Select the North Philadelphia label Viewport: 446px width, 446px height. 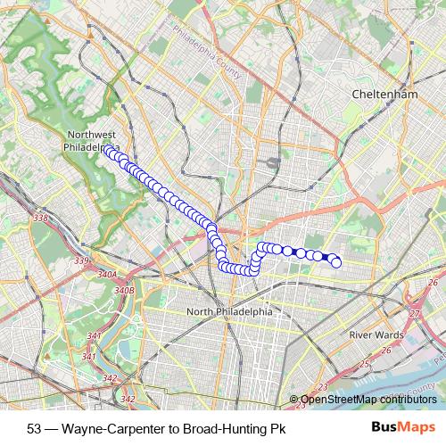click(x=229, y=311)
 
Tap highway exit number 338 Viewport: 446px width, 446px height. click(x=39, y=218)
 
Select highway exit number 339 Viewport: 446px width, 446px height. click(x=82, y=260)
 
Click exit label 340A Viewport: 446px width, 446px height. click(x=108, y=275)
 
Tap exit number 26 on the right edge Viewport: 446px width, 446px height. click(x=432, y=284)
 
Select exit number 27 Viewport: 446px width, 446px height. click(x=413, y=313)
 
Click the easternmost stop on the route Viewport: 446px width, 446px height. click(x=336, y=261)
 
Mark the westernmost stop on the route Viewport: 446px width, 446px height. click(x=107, y=151)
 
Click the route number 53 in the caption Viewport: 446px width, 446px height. click(x=35, y=428)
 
